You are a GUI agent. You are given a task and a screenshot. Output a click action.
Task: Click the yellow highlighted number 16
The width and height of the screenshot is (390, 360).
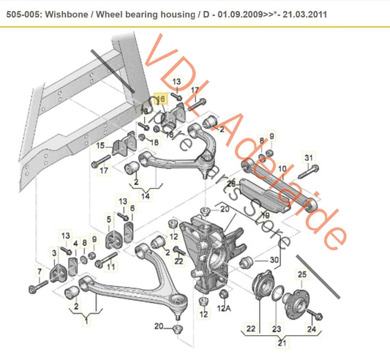coord(162,97)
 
